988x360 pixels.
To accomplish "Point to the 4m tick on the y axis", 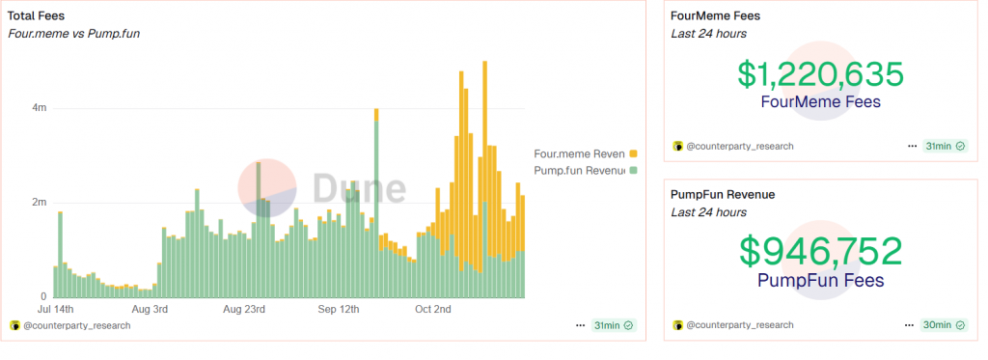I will [40, 108].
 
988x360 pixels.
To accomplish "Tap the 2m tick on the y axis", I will [40, 203].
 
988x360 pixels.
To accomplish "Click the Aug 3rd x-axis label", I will [149, 310].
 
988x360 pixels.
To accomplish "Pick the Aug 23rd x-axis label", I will [244, 310].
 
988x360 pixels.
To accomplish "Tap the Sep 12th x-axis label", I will [339, 310].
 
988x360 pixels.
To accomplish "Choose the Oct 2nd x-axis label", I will [434, 310].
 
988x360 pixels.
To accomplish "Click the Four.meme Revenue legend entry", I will [579, 153].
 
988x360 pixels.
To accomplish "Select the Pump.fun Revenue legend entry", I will [579, 171].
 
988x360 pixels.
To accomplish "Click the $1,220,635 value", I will [820, 75].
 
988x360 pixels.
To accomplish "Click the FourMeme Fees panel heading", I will [715, 16].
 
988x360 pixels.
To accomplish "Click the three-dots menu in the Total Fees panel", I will [580, 326].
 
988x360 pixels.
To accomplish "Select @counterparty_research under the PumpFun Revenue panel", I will [739, 325].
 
